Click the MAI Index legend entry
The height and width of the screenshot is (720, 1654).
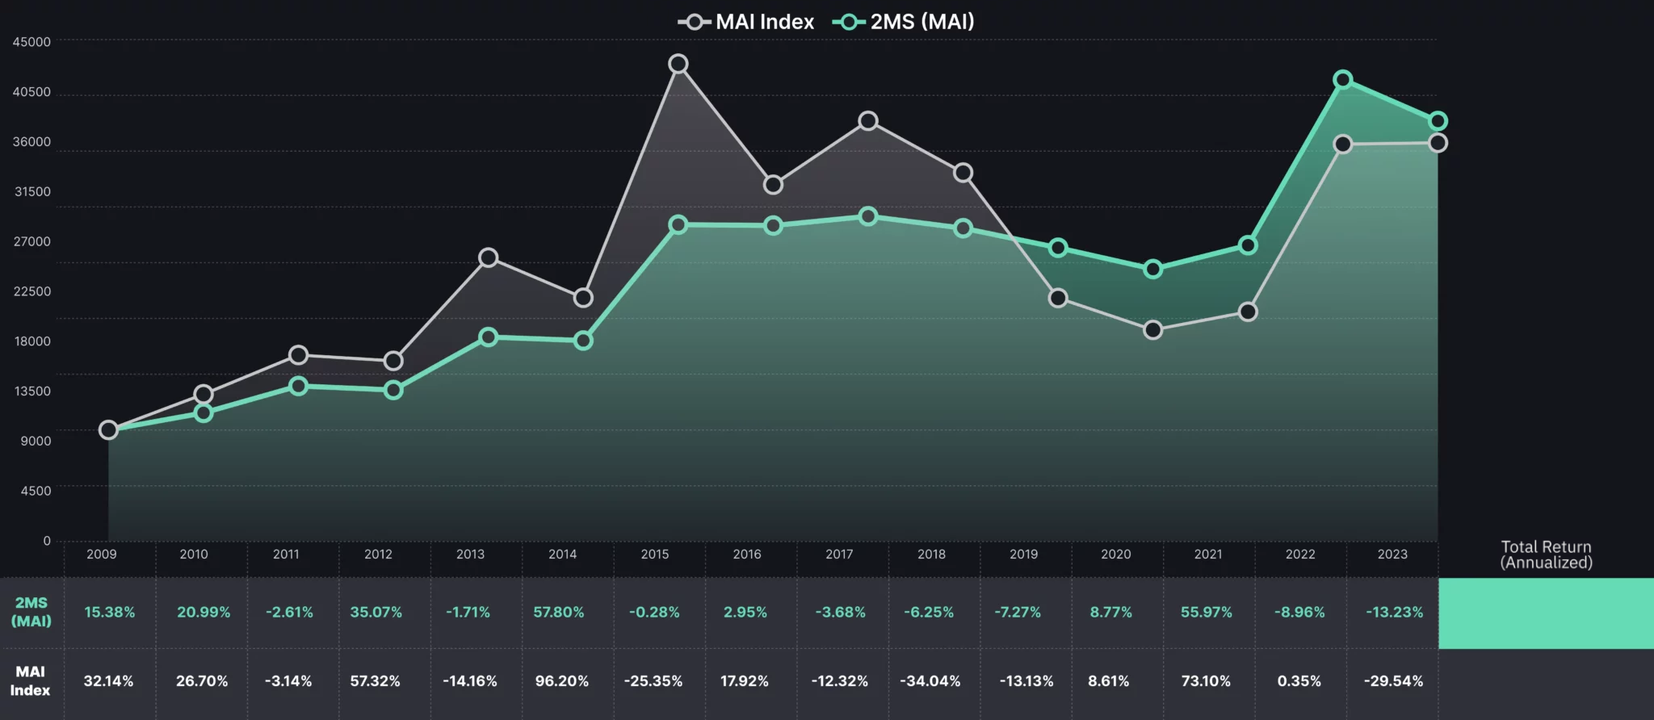[x=747, y=22]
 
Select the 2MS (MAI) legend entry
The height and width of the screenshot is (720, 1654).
[x=905, y=22]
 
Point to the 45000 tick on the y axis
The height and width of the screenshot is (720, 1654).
[x=31, y=42]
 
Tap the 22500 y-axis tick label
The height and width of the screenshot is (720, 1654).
[x=31, y=291]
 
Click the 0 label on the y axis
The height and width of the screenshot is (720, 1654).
[x=46, y=541]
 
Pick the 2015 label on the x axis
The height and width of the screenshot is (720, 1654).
[x=655, y=555]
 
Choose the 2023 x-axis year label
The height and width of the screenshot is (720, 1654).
[x=1392, y=555]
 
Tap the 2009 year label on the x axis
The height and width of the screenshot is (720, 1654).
[x=102, y=555]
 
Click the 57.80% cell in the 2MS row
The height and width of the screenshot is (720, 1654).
[x=559, y=613]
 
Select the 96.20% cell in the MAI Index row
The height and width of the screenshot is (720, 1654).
[x=562, y=681]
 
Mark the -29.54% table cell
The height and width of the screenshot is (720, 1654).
[x=1393, y=681]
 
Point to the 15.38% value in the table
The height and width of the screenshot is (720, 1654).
[x=110, y=613]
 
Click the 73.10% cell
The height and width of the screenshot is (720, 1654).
[x=1206, y=681]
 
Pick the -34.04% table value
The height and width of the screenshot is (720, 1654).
[x=930, y=681]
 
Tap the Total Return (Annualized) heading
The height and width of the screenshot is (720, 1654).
[x=1546, y=555]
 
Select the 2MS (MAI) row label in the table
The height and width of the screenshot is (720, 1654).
[x=31, y=612]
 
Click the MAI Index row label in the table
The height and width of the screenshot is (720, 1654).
[x=30, y=680]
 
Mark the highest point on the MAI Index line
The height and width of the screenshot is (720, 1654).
[x=678, y=64]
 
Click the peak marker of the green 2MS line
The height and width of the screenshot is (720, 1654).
[x=1343, y=80]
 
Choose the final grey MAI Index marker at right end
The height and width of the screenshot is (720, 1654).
[x=1438, y=143]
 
